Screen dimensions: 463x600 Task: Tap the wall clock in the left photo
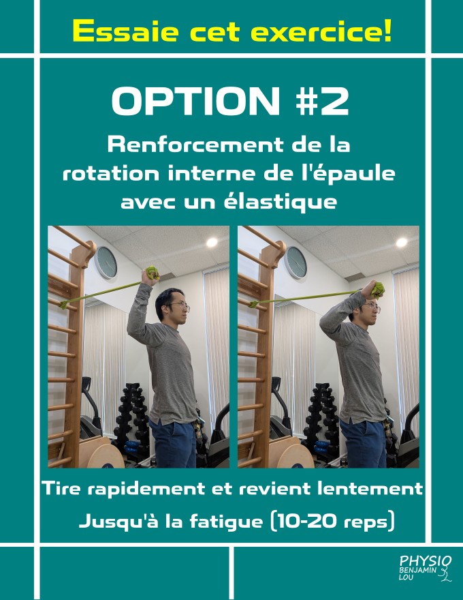tap(106, 262)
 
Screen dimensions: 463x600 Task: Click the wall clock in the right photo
tap(296, 262)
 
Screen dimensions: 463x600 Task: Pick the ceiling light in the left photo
tap(212, 242)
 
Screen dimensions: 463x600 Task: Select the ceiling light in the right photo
tap(402, 242)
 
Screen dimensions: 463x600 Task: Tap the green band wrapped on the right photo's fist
tap(378, 289)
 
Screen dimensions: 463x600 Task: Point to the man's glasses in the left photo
tap(180, 305)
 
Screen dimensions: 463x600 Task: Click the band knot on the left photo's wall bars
tap(63, 305)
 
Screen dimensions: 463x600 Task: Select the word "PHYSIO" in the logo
tap(425, 561)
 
